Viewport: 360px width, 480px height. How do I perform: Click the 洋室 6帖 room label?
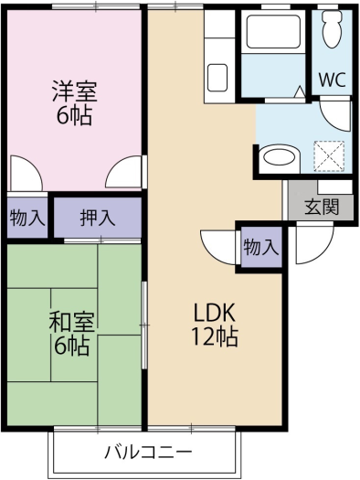[74, 102]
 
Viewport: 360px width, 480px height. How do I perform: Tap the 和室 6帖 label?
[72, 334]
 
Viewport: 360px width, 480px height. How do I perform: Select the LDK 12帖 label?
[215, 325]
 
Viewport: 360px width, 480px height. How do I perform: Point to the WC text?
[332, 80]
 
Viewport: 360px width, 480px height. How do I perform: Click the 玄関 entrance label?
[322, 208]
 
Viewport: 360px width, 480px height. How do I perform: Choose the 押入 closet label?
[98, 219]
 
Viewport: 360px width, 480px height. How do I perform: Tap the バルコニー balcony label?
[148, 453]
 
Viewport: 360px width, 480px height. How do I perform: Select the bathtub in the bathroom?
[273, 31]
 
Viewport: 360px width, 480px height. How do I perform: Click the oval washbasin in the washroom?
[280, 158]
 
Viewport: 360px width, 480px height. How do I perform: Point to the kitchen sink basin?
[217, 78]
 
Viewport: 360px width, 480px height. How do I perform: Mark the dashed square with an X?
[329, 156]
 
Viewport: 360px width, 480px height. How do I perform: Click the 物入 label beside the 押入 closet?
[27, 219]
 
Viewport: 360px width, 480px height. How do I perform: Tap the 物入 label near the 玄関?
[261, 247]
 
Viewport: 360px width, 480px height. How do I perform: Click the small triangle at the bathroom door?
[300, 91]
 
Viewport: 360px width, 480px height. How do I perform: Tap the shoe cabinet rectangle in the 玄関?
[335, 187]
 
